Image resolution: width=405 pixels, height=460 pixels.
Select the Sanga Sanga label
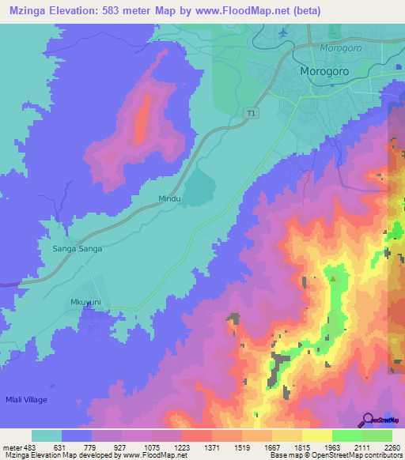click(73, 248)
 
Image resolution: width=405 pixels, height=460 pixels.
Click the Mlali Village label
click(26, 400)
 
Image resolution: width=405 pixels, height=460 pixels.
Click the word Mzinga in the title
click(27, 9)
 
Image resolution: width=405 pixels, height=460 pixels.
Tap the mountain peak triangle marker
click(333, 277)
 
